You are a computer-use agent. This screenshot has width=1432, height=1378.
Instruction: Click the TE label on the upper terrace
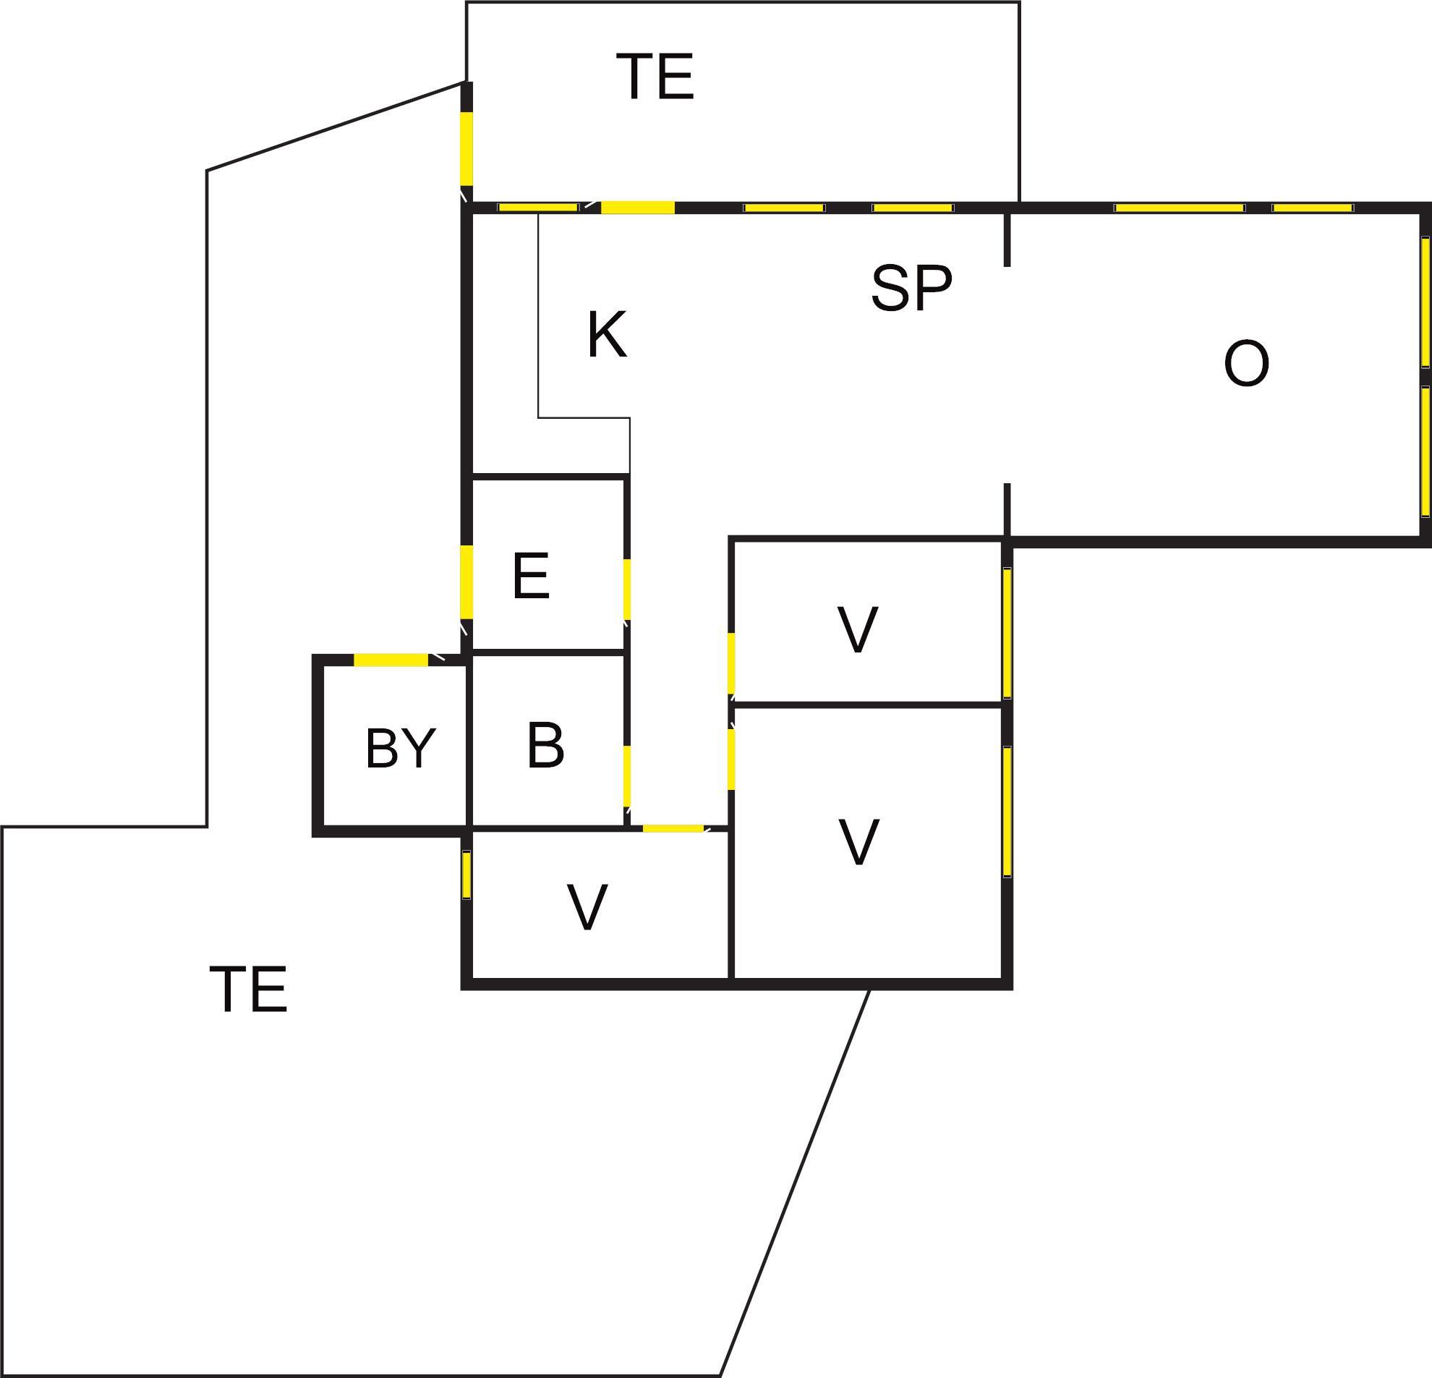click(x=655, y=77)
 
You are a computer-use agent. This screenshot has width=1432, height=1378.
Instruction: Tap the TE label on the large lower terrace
click(x=248, y=990)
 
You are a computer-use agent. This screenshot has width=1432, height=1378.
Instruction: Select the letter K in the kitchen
click(x=607, y=335)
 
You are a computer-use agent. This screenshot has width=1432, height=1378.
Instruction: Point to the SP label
click(x=912, y=288)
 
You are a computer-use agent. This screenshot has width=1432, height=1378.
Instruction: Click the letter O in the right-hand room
click(x=1246, y=363)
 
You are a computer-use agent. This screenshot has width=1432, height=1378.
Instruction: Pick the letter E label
click(x=531, y=577)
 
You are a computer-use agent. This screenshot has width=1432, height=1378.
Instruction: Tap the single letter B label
click(x=546, y=745)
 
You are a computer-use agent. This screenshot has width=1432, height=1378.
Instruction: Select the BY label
click(x=401, y=749)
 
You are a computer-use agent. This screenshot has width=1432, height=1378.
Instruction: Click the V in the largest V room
click(x=858, y=843)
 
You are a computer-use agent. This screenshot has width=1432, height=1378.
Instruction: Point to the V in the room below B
click(x=587, y=908)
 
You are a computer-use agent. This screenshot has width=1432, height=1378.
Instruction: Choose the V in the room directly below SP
click(x=858, y=630)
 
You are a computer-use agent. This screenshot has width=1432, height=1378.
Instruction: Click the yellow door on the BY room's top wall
click(x=391, y=660)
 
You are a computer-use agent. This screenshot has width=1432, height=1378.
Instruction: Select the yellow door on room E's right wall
click(x=627, y=589)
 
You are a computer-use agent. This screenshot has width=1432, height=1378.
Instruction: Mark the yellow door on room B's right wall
click(x=627, y=776)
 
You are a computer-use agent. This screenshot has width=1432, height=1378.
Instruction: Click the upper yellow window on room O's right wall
click(x=1425, y=302)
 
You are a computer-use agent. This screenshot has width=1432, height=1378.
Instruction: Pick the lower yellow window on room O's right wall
click(x=1425, y=451)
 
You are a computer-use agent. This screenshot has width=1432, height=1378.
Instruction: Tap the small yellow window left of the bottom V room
click(x=466, y=875)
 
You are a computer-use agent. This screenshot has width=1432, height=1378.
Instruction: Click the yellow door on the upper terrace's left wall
click(x=466, y=148)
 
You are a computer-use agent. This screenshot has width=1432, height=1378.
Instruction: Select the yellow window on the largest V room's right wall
click(x=1007, y=811)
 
